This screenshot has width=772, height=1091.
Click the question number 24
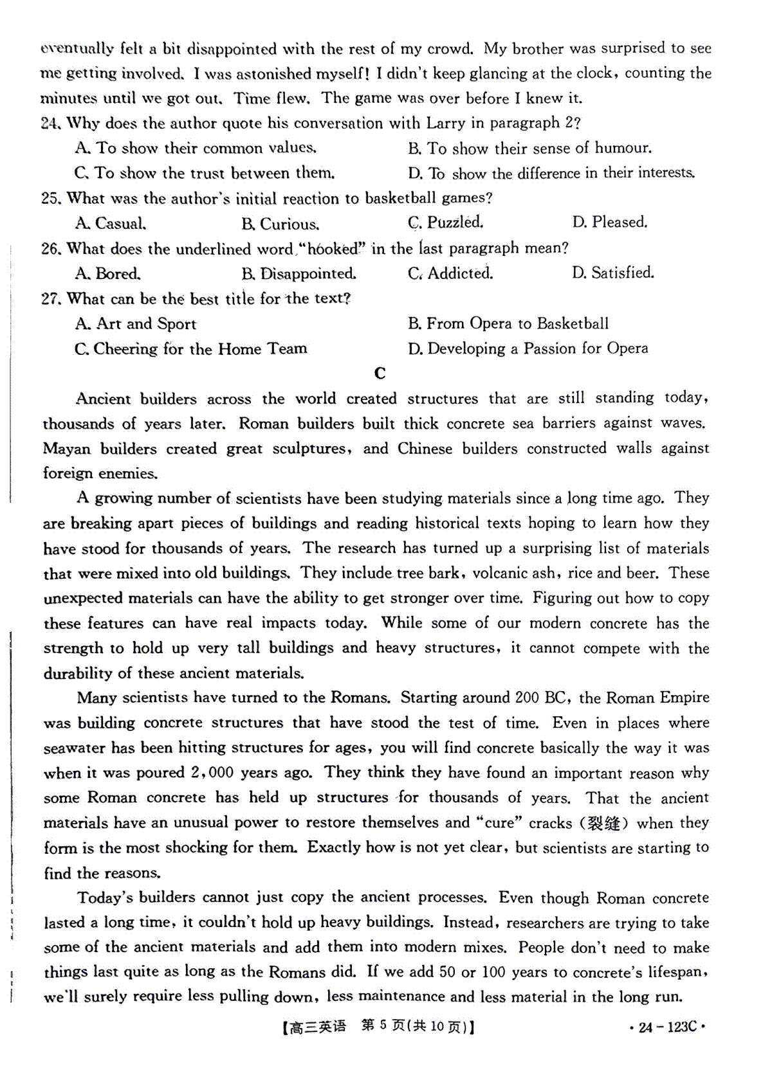coord(50,123)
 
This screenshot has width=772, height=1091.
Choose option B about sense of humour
coord(529,149)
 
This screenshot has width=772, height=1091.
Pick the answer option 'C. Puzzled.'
coord(445,222)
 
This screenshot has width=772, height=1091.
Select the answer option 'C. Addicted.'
coord(450,273)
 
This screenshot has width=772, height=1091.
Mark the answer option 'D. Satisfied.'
coord(612,273)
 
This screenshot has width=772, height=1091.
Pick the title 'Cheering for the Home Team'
coord(191,349)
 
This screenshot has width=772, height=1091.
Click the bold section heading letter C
coord(380,374)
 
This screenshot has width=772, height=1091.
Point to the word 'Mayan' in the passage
coord(66,449)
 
